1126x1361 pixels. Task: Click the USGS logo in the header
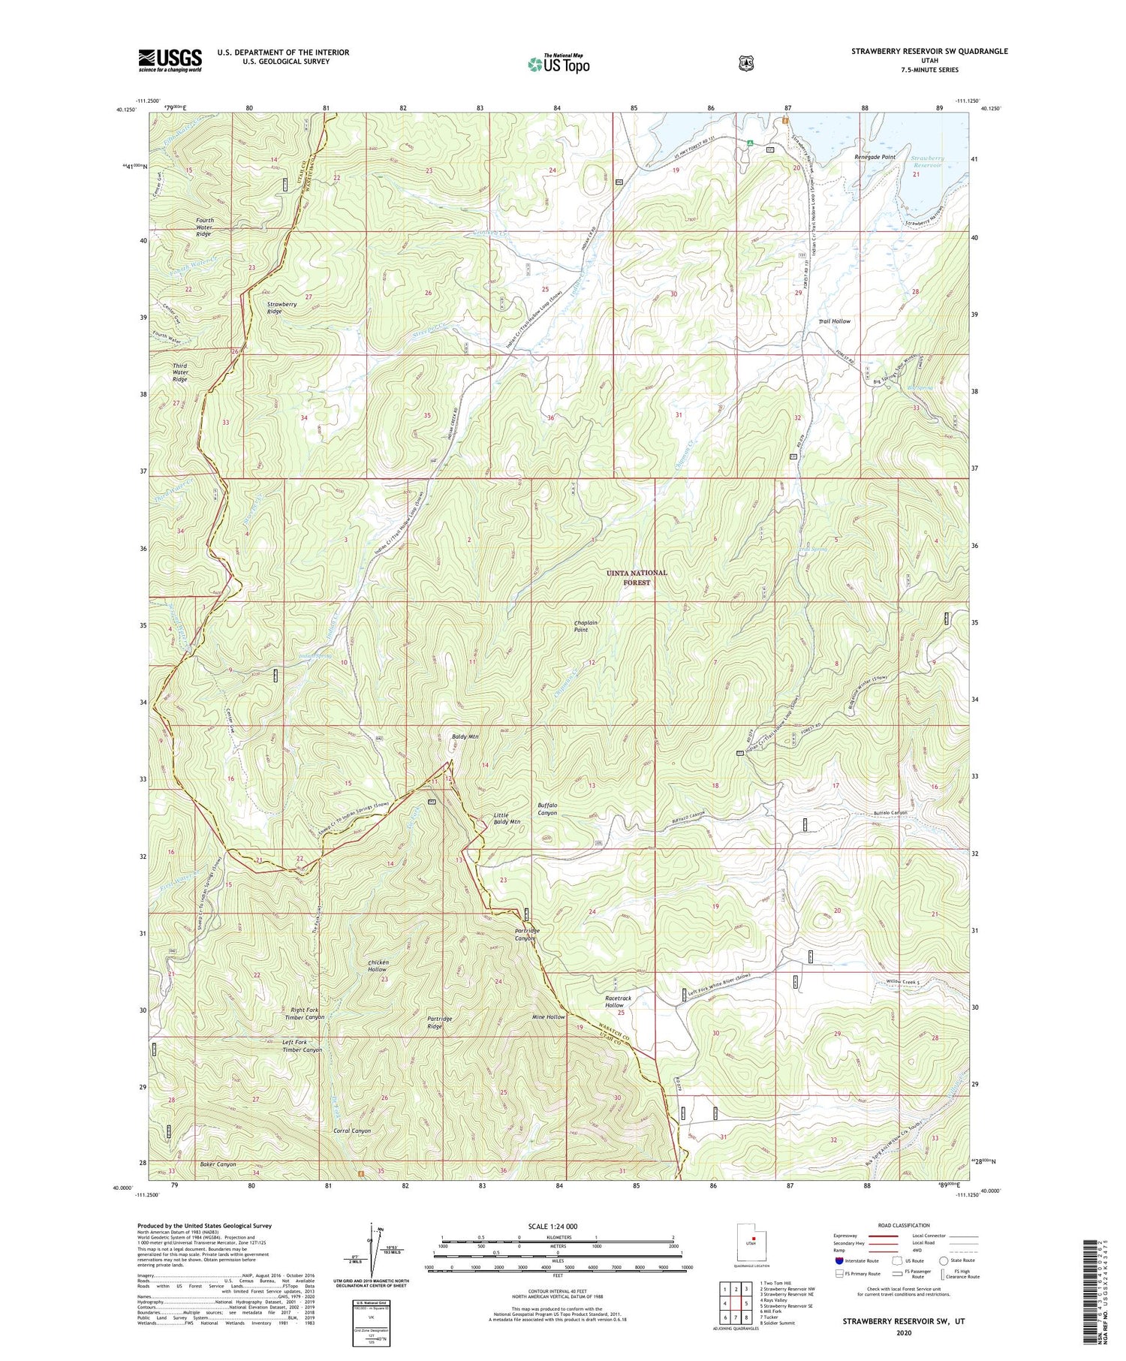[x=170, y=60]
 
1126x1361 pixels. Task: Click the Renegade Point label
[x=875, y=157]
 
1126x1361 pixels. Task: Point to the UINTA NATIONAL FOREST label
[x=637, y=577]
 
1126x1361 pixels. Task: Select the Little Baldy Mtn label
[x=507, y=818]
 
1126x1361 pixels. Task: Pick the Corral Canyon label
[x=351, y=1131]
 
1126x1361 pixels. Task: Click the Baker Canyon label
[x=218, y=1164]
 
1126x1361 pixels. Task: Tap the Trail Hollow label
[x=834, y=321]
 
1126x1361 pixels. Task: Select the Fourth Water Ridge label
[x=204, y=227]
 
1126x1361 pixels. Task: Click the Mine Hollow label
[x=548, y=1016]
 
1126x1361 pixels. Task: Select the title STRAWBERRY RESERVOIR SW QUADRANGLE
[x=929, y=51]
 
